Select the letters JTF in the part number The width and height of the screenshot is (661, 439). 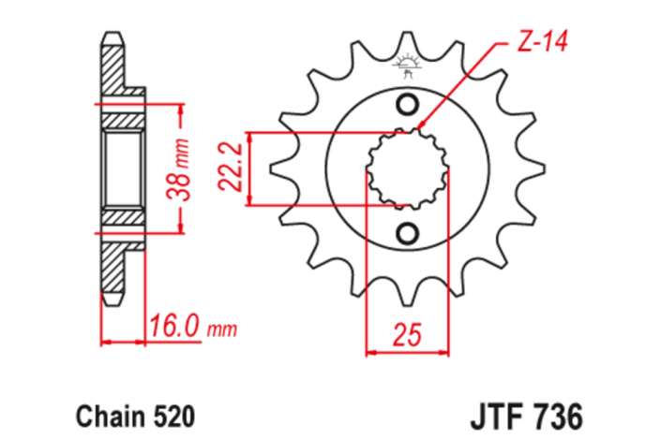496,413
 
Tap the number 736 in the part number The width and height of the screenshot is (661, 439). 558,413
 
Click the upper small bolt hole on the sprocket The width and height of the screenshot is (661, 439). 408,103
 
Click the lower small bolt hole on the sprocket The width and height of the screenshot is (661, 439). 408,231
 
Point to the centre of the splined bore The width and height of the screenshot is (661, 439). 408,168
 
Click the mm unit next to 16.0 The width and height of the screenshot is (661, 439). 222,329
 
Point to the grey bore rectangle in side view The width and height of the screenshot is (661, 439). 121,168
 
